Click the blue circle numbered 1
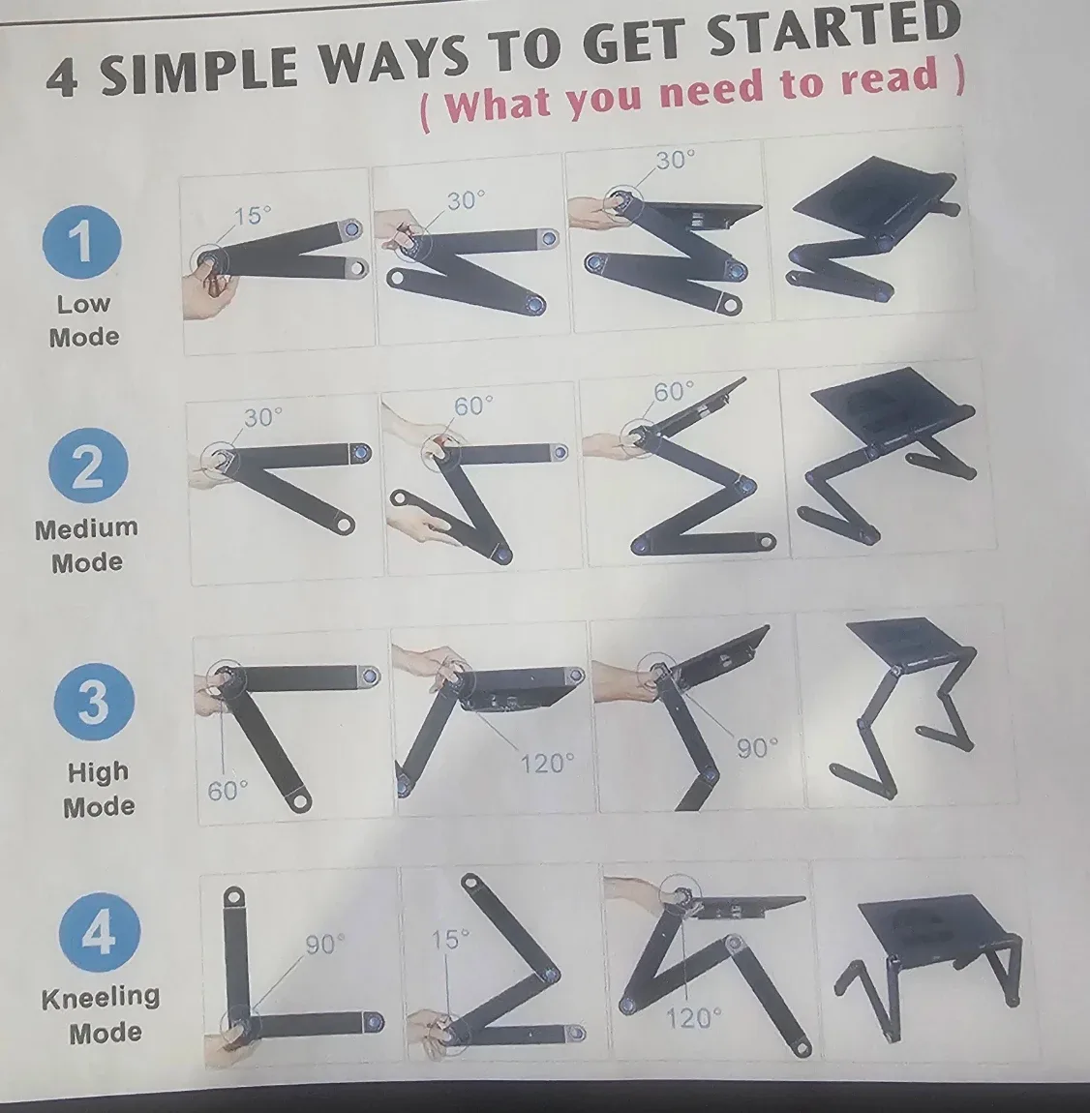(82, 239)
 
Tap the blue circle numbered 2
(87, 466)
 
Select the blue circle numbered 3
(94, 702)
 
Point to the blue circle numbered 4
(99, 934)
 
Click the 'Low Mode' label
(84, 320)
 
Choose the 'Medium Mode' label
(87, 545)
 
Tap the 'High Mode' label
(98, 789)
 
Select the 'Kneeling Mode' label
(102, 1013)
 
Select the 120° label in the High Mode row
(547, 764)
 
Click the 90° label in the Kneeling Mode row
(325, 944)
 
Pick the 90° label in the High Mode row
(756, 748)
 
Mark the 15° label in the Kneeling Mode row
(450, 940)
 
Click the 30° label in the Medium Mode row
(262, 417)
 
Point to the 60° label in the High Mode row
(228, 791)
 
